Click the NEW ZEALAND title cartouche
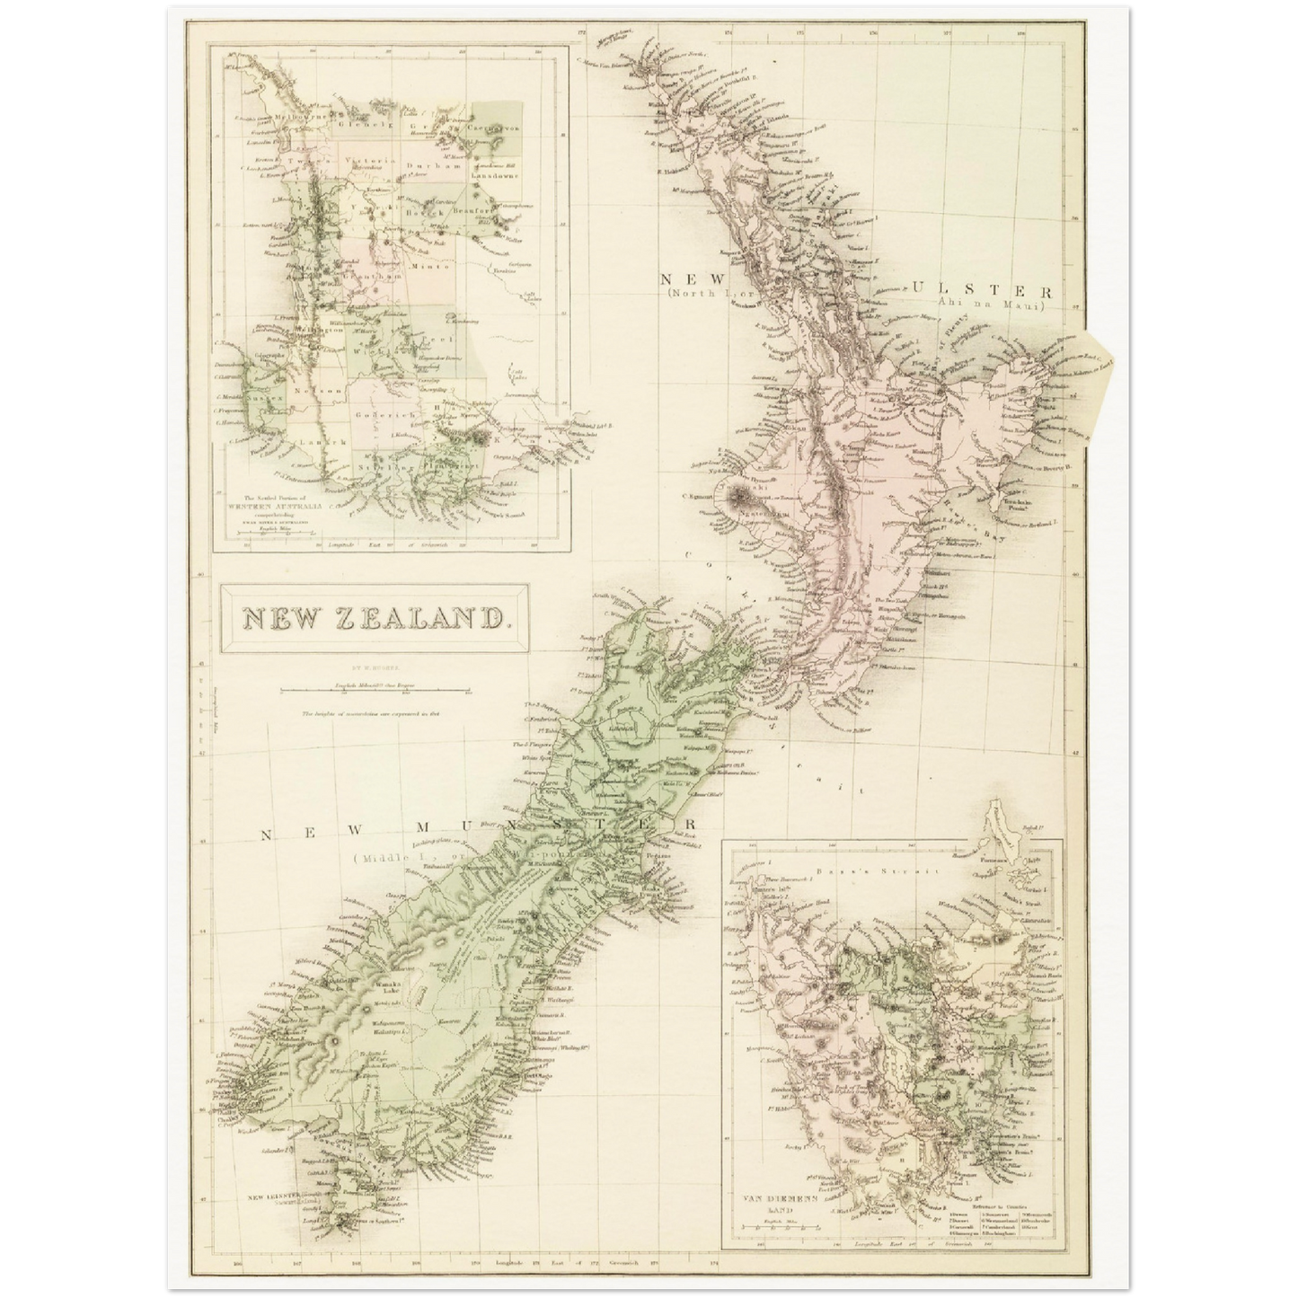pyautogui.click(x=374, y=618)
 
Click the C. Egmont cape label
pyautogui.click(x=704, y=497)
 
